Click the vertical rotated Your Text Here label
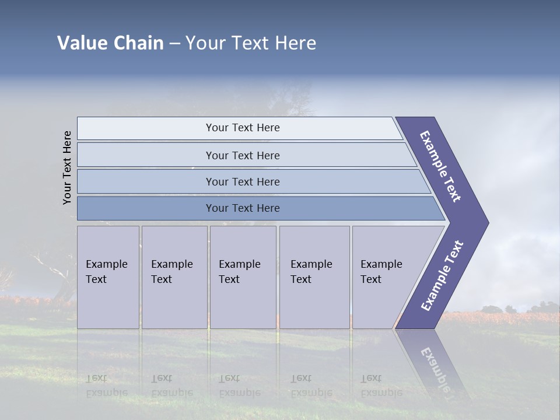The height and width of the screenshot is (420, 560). (x=67, y=167)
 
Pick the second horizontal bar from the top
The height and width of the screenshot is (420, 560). (x=243, y=155)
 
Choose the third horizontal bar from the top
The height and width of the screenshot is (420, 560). (x=243, y=181)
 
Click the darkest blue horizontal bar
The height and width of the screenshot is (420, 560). (x=243, y=208)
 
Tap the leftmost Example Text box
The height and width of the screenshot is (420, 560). (x=108, y=277)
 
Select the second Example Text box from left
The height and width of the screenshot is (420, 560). (x=174, y=277)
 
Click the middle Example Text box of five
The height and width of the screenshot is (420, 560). (x=243, y=277)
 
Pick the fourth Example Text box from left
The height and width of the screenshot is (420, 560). (x=314, y=277)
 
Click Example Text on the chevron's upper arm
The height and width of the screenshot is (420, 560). (x=440, y=166)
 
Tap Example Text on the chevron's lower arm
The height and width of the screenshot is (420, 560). (x=442, y=276)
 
